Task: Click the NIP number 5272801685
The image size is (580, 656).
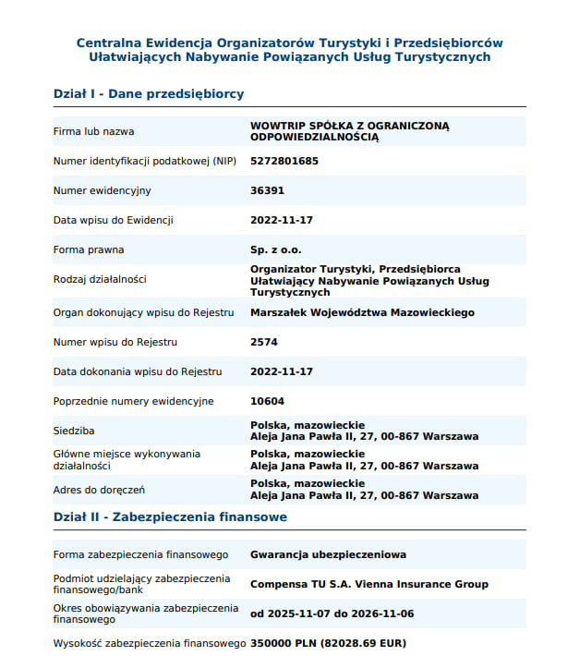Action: click(x=284, y=161)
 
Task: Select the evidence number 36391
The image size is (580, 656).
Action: click(x=267, y=190)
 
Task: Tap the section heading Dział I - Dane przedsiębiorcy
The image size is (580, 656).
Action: click(x=149, y=94)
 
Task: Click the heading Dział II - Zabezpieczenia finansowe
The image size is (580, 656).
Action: click(x=170, y=517)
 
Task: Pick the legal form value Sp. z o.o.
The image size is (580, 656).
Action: click(x=276, y=249)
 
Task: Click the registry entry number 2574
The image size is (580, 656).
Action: click(x=264, y=342)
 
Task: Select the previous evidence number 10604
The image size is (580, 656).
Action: click(x=267, y=401)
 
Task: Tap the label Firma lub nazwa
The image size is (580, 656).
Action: click(x=93, y=131)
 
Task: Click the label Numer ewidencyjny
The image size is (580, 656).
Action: click(x=102, y=190)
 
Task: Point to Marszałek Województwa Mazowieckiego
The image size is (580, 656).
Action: click(x=362, y=312)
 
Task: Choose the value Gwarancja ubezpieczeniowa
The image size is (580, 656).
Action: click(x=328, y=554)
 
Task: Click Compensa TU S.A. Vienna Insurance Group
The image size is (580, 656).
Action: click(x=369, y=584)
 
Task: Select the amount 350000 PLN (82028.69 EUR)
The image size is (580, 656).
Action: click(x=328, y=643)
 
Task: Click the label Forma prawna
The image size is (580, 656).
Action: click(x=89, y=249)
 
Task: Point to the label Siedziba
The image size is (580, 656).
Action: click(x=74, y=431)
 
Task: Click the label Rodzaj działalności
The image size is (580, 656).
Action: click(x=100, y=279)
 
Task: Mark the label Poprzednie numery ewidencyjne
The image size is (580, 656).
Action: click(x=133, y=401)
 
